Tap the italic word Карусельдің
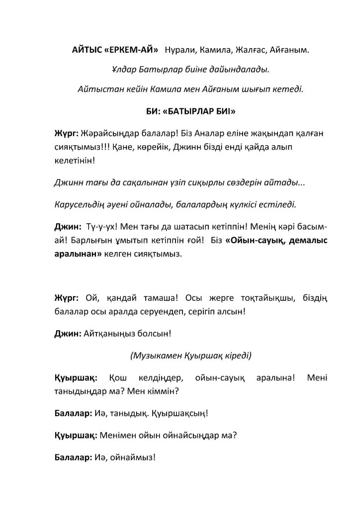[x=81, y=204]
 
